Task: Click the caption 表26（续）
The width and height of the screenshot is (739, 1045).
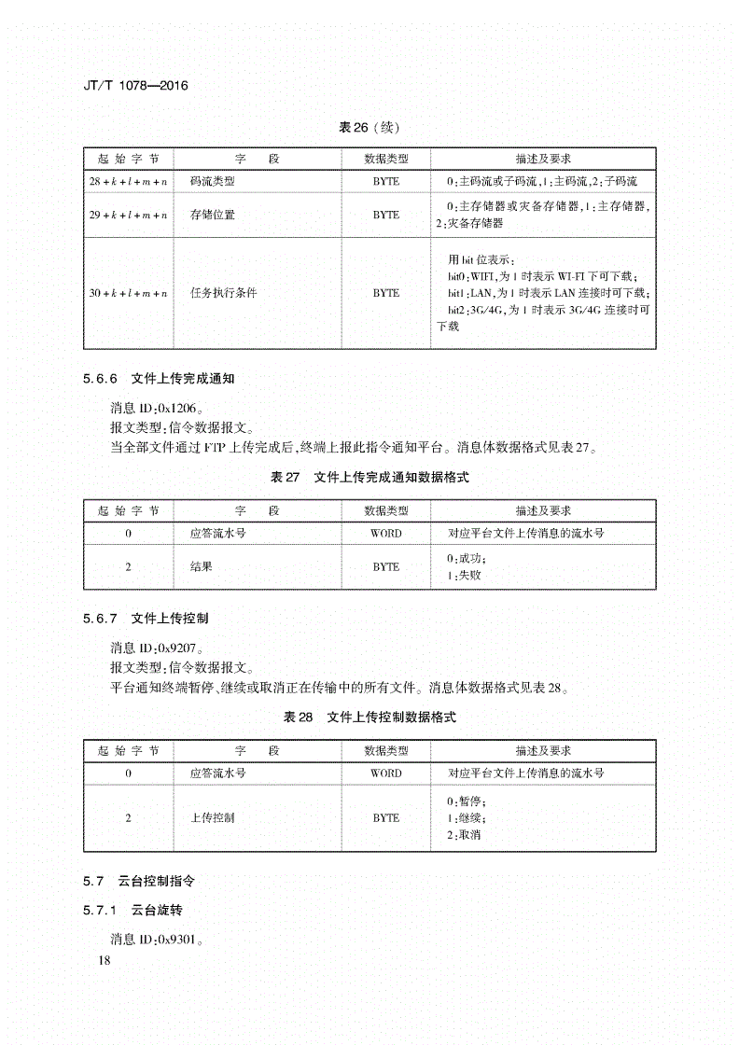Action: (369, 127)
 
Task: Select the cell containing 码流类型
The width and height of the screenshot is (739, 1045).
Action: (213, 181)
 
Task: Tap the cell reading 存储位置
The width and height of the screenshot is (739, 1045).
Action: (213, 215)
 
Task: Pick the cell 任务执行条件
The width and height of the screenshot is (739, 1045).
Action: (224, 293)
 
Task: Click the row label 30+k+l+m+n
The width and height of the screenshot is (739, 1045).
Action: (129, 293)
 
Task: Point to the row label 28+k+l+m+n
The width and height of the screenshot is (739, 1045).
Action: (129, 181)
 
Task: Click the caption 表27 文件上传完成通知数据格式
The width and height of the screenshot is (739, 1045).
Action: (369, 477)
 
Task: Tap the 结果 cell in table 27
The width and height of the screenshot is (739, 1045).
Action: (202, 566)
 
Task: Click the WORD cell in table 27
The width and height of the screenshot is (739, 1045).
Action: (386, 534)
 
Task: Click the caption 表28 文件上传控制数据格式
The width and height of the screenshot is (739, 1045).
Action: (369, 717)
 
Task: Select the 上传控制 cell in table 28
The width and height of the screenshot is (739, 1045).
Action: (213, 817)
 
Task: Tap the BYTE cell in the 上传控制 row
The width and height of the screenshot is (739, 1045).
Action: (386, 817)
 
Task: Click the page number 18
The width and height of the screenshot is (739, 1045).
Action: (103, 961)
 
